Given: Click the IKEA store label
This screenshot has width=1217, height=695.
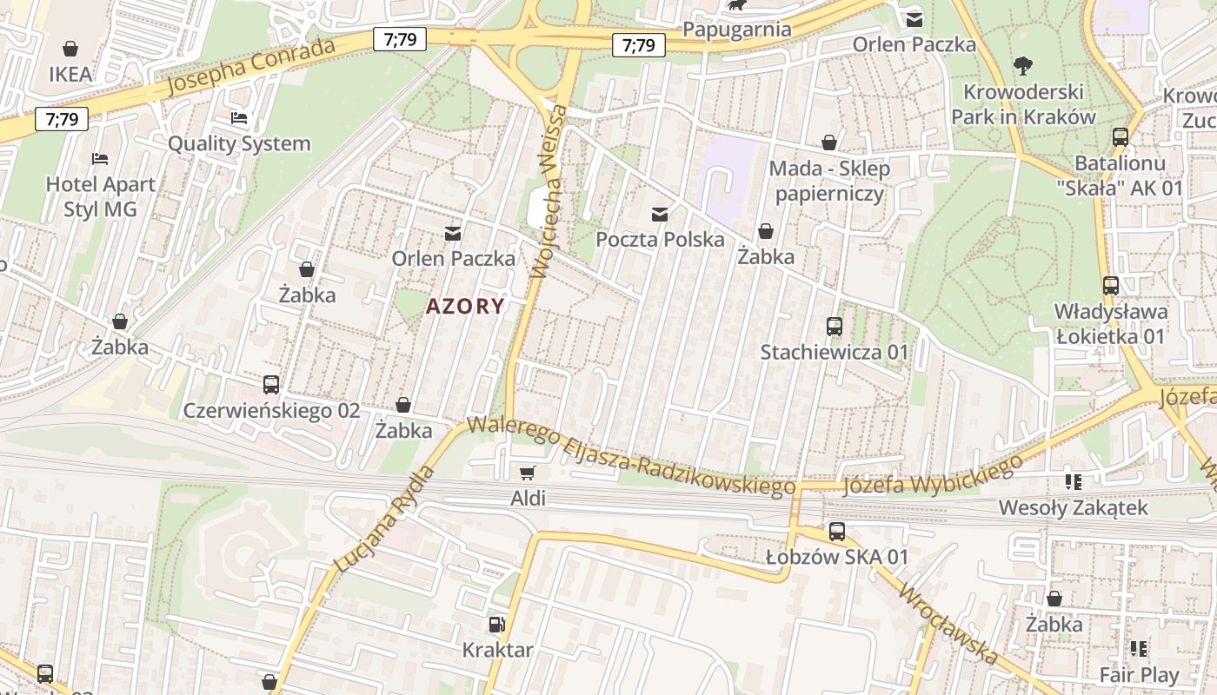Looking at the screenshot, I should [x=70, y=74].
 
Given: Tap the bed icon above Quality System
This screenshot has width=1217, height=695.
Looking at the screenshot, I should [x=239, y=117].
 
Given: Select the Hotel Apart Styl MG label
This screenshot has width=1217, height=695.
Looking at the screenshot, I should [x=101, y=196].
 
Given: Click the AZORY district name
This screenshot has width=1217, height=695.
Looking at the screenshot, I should [x=465, y=306].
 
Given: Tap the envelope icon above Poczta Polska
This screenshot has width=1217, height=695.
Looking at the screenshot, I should [x=660, y=214].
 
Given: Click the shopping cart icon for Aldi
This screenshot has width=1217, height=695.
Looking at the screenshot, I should [x=527, y=473].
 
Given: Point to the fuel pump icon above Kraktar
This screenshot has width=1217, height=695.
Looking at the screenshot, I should [x=496, y=624].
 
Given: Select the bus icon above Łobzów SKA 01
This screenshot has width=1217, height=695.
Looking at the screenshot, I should [x=836, y=532].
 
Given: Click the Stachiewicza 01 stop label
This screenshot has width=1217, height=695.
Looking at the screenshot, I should [x=834, y=352].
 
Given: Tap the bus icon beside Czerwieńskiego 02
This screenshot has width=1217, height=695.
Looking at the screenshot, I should [x=271, y=384].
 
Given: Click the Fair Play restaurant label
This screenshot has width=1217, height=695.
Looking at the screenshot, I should [x=1139, y=674].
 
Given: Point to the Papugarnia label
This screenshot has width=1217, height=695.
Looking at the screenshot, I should [x=737, y=29].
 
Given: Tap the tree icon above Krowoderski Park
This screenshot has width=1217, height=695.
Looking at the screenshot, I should [x=1022, y=65].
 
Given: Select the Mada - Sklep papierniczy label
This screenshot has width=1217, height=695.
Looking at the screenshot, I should [x=829, y=181].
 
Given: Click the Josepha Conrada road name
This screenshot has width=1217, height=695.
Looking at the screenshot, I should [x=249, y=67].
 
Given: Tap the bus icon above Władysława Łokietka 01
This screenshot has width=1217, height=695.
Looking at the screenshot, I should [x=1110, y=285].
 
